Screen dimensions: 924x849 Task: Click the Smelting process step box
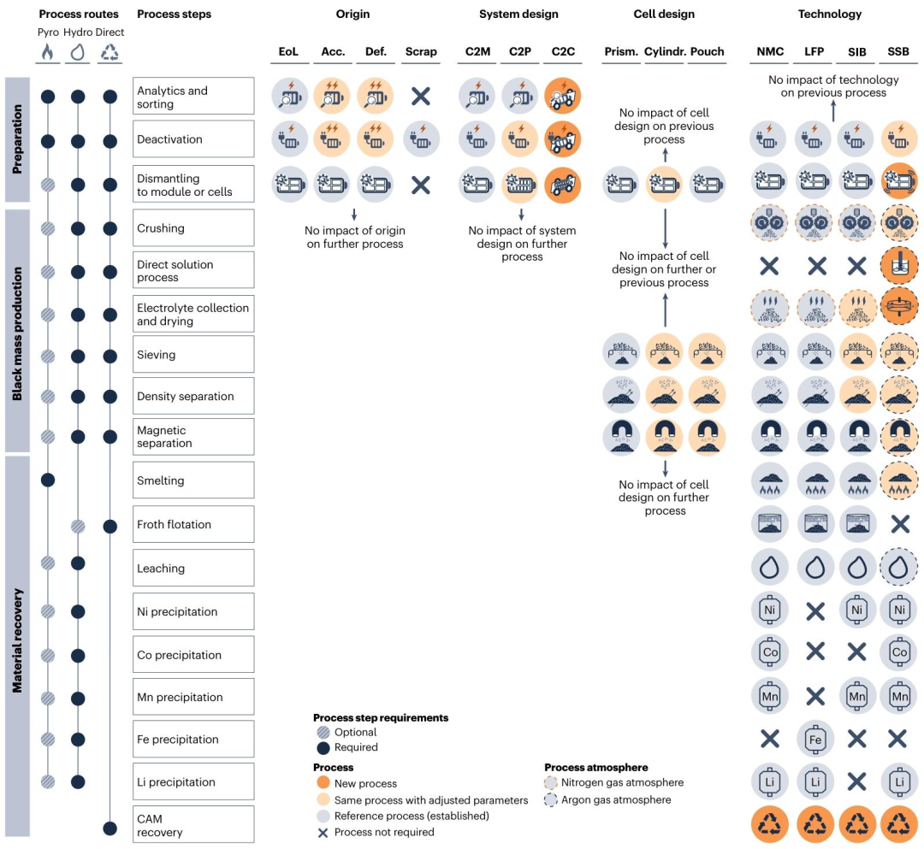tap(193, 481)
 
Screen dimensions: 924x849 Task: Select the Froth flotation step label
tap(174, 525)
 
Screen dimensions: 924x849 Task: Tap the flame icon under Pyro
tap(48, 52)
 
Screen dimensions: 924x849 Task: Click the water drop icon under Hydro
tap(77, 52)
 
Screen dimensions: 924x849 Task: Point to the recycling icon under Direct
tap(110, 52)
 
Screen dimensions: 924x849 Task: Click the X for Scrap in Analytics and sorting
tap(421, 96)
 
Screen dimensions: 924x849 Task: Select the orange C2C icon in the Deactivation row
tap(563, 140)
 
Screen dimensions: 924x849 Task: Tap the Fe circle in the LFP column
tap(815, 740)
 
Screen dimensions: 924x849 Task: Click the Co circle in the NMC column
tap(770, 652)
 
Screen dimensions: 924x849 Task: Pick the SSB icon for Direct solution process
tap(898, 266)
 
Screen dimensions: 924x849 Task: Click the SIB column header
tap(856, 52)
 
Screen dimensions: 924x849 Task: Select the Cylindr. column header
tap(665, 52)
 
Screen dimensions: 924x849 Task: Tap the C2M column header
tap(477, 52)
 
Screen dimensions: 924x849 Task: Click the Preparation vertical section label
tap(17, 139)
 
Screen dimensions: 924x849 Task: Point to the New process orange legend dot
tap(323, 783)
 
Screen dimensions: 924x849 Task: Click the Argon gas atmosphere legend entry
tap(607, 800)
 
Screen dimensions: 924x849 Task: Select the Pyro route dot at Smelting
tap(48, 481)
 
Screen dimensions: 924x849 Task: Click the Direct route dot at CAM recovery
tap(110, 828)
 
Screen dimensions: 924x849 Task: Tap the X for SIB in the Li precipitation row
tap(856, 781)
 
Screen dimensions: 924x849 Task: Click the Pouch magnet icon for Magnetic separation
tap(708, 438)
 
